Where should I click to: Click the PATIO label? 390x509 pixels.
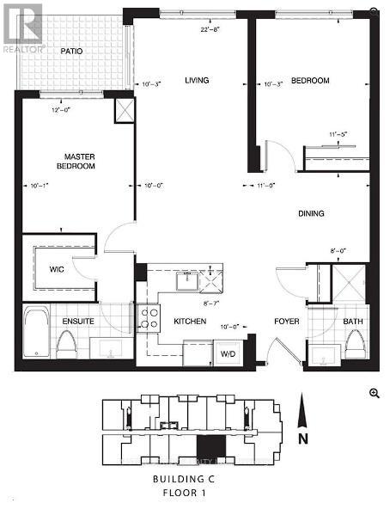point(71,52)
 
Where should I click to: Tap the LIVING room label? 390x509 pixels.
point(197,81)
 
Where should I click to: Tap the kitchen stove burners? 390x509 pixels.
point(149,319)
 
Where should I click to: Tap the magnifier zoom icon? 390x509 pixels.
point(374,392)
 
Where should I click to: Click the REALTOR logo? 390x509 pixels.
point(21,26)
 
